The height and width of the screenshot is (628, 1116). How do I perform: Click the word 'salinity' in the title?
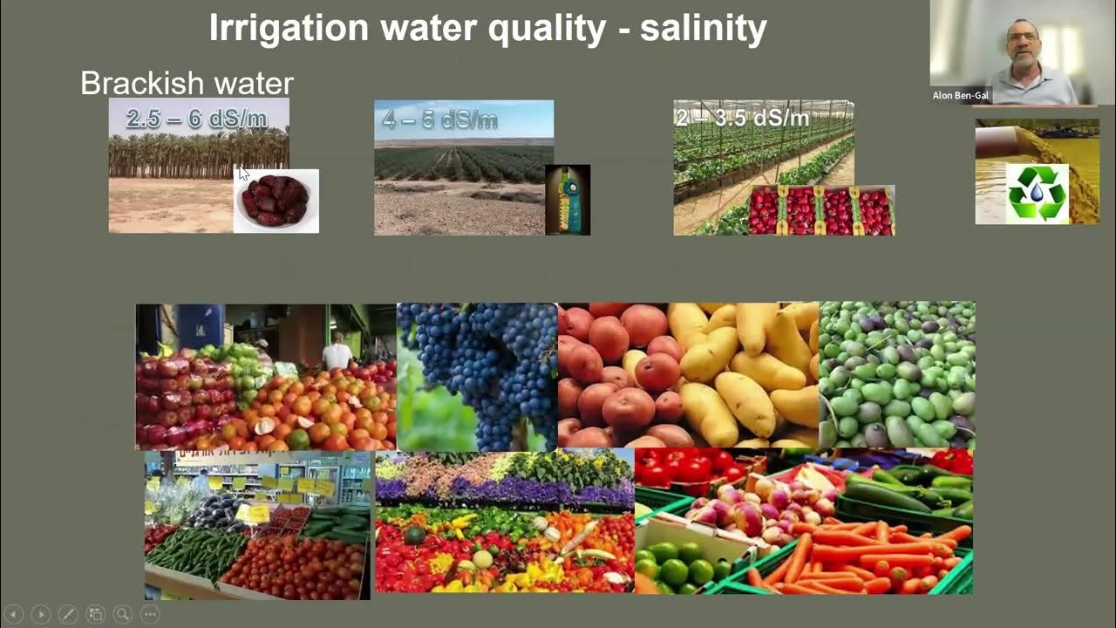(x=703, y=29)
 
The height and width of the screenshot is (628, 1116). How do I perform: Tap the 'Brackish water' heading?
(x=187, y=84)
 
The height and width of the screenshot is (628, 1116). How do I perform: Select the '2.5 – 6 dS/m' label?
(x=197, y=119)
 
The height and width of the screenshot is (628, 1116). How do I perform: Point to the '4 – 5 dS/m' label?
(x=440, y=120)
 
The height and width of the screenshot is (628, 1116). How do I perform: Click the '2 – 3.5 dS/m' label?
(x=742, y=117)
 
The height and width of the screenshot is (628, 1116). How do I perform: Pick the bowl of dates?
(x=276, y=201)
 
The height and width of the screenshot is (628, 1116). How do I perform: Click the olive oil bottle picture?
(x=568, y=200)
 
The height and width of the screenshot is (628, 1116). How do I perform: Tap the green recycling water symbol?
(x=1037, y=193)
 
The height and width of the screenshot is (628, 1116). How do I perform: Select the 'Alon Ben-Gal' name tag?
(x=960, y=96)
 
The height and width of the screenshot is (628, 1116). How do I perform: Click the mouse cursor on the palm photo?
(x=243, y=173)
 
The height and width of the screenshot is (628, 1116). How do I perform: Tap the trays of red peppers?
(x=820, y=211)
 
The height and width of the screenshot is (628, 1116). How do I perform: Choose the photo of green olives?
(x=896, y=375)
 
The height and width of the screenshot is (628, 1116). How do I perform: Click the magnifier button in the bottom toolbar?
(x=122, y=614)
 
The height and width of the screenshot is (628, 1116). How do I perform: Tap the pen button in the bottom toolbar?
(x=68, y=614)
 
